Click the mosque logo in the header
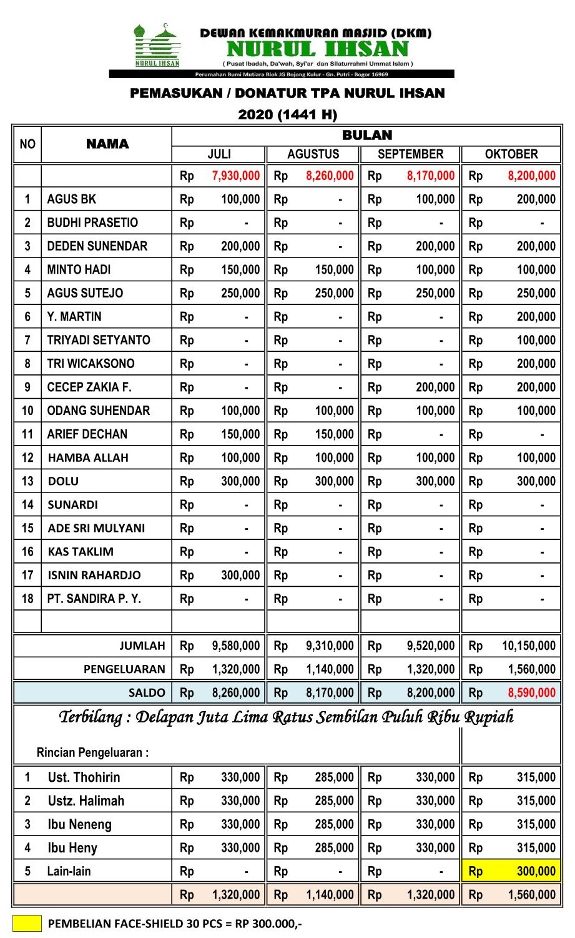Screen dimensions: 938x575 pos(157,45)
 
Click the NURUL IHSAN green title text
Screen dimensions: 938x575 pos(317,49)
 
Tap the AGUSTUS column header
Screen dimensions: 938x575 pos(313,154)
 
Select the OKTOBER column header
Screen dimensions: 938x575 pos(511,154)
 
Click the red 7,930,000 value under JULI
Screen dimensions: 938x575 pos(235,176)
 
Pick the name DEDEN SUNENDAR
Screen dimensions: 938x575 pos(97,246)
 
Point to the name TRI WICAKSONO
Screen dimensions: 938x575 pos(91,364)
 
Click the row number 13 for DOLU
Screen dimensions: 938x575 pos(27,481)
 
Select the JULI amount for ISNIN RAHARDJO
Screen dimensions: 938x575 pos(240,575)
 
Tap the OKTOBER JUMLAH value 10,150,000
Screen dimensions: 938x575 pos(528,646)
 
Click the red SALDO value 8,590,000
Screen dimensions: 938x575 pos(531,692)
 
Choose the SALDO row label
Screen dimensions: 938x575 pos(147,692)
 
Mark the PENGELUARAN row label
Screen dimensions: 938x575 pos(124,669)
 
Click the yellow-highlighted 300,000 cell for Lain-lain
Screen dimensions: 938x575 pos(535,871)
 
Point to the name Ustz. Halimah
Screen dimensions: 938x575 pos(86,801)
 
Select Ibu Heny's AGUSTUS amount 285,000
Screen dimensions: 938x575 pos(334,848)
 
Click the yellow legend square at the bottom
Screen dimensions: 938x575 pos(27,923)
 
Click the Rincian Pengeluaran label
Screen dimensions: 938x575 pos(92,752)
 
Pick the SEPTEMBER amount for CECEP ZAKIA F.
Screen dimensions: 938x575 pos(435,387)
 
